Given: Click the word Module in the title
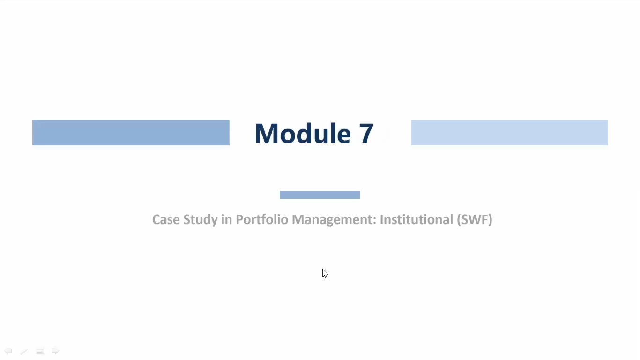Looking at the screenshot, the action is point(303,133).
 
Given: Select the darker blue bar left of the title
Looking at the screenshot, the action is point(131,133).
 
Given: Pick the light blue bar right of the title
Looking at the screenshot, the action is point(509,133).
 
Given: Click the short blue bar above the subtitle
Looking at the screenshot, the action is point(320,195).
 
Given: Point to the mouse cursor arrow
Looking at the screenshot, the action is point(325,273).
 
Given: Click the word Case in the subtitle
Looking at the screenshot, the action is point(166,219).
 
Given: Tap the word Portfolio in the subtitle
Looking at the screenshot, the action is point(262,219).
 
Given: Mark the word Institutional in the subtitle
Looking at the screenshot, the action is point(417,219).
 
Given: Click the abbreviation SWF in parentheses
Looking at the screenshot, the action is point(475,219).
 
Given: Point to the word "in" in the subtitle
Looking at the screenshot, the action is point(227,219).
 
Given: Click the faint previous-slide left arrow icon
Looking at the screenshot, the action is point(7,351).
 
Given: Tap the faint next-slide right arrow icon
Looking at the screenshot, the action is point(55,351).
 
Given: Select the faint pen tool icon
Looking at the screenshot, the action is point(24,351).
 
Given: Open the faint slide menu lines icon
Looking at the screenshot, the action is point(40,351).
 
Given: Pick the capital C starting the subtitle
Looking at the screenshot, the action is point(156,219).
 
